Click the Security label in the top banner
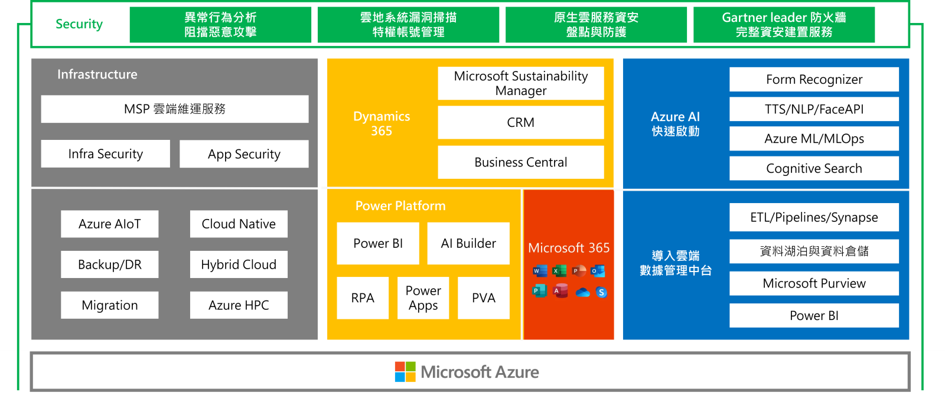[79, 24]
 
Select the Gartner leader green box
[784, 25]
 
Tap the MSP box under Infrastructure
[174, 109]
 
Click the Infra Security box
[105, 154]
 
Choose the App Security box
[244, 154]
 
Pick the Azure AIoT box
[109, 224]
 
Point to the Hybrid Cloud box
[239, 264]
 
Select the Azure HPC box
[239, 305]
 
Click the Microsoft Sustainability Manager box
[520, 83]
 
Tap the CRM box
[520, 123]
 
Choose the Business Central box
[520, 162]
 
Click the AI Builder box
[468, 243]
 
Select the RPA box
[363, 298]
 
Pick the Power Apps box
[423, 298]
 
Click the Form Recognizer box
[814, 80]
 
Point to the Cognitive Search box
[814, 169]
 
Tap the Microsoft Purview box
[814, 283]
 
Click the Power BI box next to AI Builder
[378, 243]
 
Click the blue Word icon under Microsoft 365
[539, 271]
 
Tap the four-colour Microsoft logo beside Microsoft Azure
[405, 372]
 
